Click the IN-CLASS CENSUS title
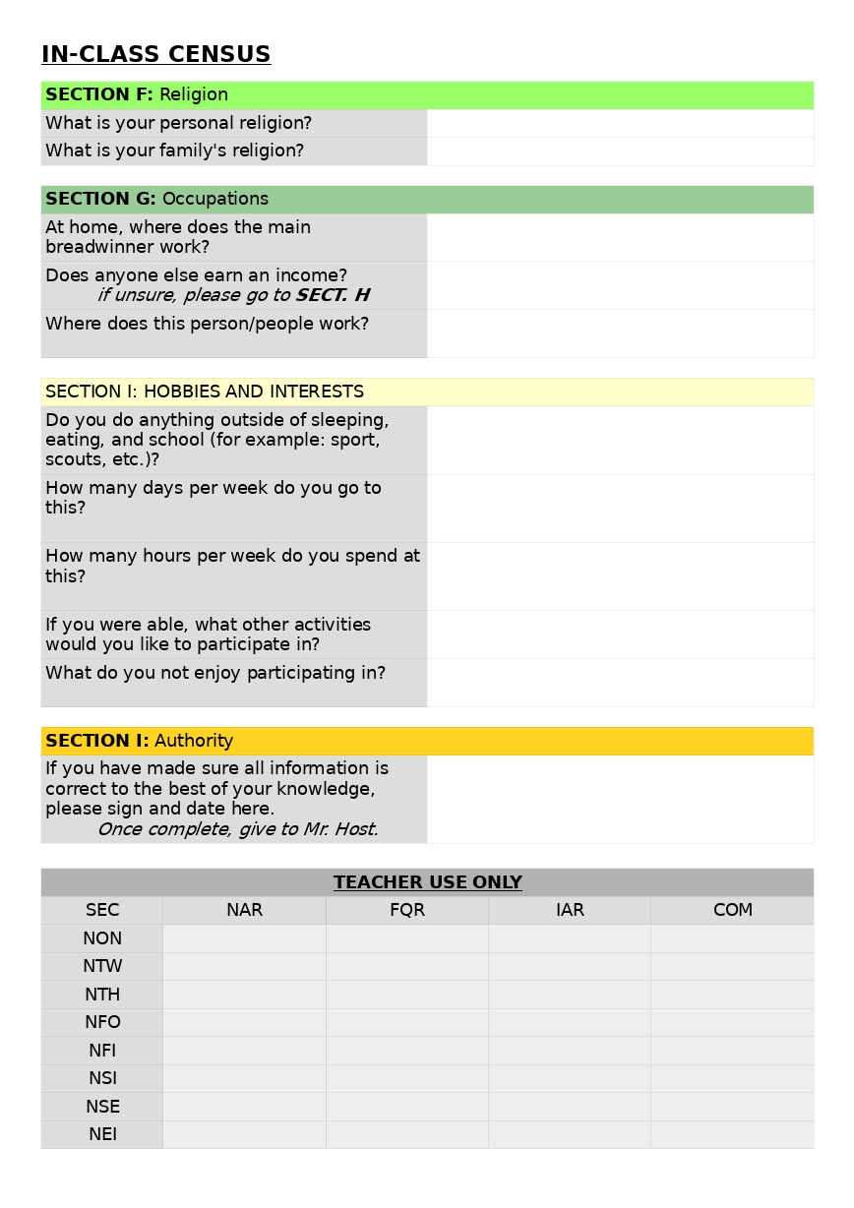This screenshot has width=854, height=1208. click(x=155, y=55)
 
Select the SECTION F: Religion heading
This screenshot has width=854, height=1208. click(x=137, y=95)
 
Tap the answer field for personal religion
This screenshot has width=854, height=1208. click(x=620, y=123)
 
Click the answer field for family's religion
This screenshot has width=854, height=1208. click(x=620, y=151)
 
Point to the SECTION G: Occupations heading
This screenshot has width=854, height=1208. click(x=156, y=199)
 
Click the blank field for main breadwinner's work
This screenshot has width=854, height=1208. click(x=620, y=237)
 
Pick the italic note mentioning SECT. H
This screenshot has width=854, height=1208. click(x=233, y=295)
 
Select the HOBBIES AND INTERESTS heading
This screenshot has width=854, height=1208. click(x=205, y=392)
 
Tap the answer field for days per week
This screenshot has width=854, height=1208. click(x=620, y=508)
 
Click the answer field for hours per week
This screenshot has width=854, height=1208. click(x=620, y=575)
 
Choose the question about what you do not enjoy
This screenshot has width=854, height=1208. click(x=215, y=674)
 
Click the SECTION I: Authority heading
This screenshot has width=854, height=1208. click(x=139, y=741)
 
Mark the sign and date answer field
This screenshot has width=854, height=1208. click(x=620, y=799)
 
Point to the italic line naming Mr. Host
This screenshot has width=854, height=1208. click(x=237, y=829)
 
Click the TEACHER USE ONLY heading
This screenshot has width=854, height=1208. click(x=427, y=882)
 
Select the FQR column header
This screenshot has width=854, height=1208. click(x=407, y=911)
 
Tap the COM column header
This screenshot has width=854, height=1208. click(x=732, y=911)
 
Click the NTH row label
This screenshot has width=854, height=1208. click(x=102, y=995)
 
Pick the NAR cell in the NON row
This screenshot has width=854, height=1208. click(x=244, y=938)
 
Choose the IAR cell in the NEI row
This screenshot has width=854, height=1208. click(x=570, y=1134)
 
